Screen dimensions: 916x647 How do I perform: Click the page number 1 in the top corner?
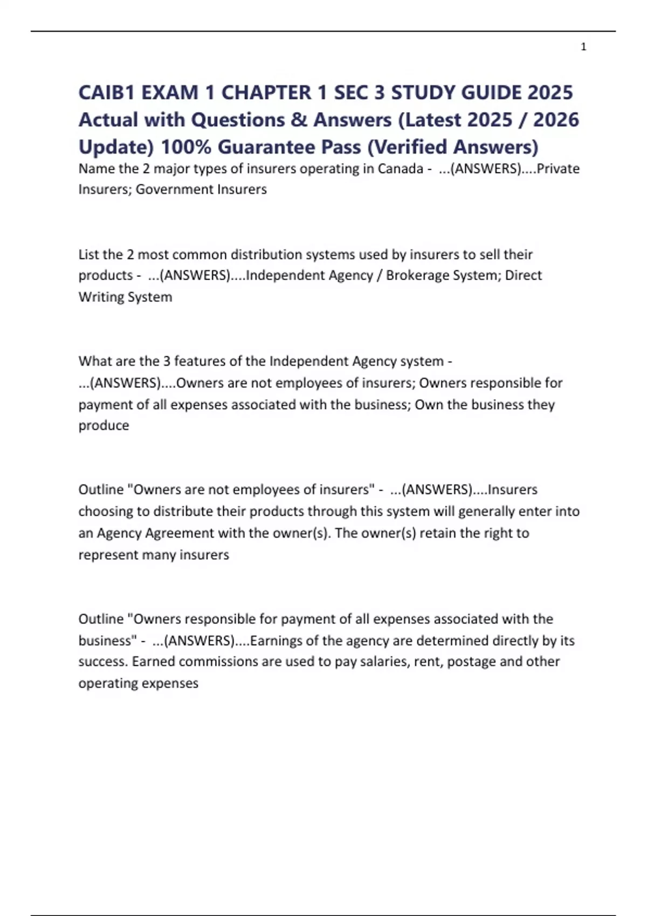[x=583, y=47]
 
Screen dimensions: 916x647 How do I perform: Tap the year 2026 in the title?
[x=556, y=120]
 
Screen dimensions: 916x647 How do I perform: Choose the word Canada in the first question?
[x=400, y=169]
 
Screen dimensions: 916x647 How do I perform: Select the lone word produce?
[x=104, y=426]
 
